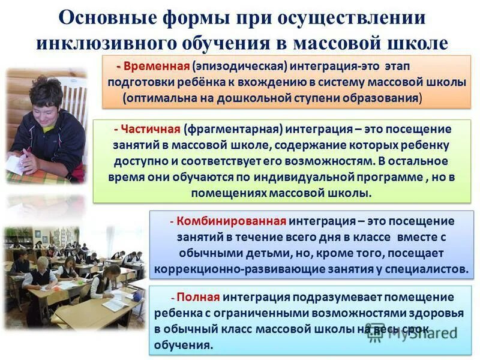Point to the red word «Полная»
pos(199,296)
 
